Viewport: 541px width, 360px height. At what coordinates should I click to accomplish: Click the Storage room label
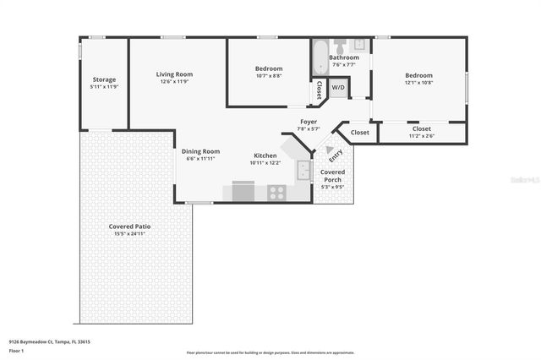tap(104, 80)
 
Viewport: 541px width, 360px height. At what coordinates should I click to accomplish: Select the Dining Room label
tap(201, 151)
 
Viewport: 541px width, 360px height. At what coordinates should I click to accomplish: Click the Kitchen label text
tap(265, 155)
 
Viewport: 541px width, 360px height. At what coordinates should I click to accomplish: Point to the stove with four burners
tap(276, 193)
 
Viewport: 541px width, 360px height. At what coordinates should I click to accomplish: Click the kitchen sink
tap(303, 172)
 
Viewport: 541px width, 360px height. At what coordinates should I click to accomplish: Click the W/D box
tap(338, 87)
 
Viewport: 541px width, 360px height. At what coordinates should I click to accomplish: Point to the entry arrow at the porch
tap(330, 150)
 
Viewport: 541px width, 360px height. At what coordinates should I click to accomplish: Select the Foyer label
tap(309, 122)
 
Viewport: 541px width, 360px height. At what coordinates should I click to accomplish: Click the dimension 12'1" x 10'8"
tap(418, 83)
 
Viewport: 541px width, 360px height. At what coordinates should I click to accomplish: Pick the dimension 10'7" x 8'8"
tap(269, 76)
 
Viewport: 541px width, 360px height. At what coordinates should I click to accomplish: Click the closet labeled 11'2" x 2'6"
tap(421, 132)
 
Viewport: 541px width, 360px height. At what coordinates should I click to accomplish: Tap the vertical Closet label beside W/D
tap(319, 89)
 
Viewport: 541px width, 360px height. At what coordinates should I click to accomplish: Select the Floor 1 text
tap(17, 350)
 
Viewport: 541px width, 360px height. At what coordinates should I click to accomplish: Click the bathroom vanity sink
tap(358, 44)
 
